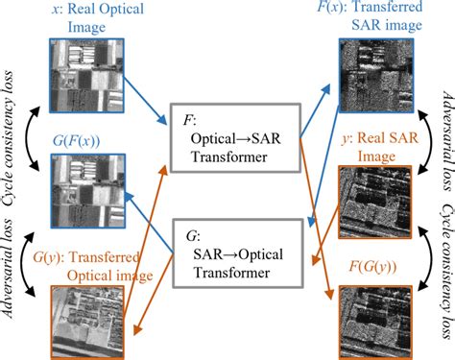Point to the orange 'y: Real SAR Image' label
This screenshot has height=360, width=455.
click(x=377, y=146)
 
